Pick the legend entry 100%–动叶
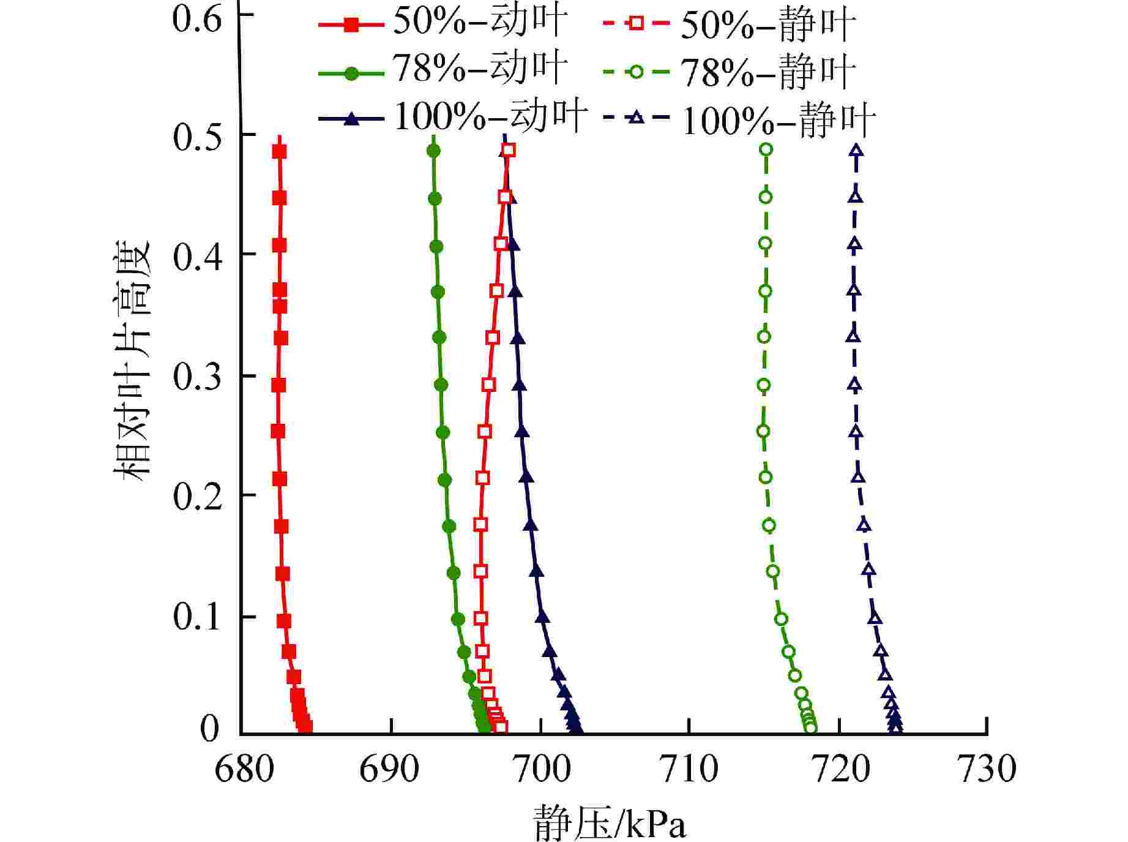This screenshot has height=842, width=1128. pos(453,118)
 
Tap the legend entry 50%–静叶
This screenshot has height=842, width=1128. pos(728,24)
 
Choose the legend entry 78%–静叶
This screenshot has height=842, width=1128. pos(728,72)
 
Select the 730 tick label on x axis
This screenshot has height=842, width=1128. pos(985,769)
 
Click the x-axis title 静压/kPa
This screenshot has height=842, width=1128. pos(610,821)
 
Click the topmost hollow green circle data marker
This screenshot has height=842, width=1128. pos(766,149)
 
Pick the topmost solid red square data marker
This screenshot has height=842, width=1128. pos(279,151)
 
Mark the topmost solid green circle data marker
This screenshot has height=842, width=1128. pos(433,151)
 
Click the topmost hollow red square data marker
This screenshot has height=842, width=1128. pos(508,151)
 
